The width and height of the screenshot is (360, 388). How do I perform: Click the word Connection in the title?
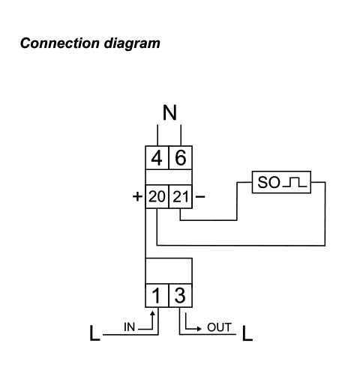pos(60,43)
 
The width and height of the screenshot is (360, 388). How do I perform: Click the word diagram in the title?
pos(132,44)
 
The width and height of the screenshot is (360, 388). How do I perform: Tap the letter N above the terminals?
pos(169,112)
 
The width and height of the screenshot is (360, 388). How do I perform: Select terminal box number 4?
pos(157,158)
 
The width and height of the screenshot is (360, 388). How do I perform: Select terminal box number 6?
pos(181,158)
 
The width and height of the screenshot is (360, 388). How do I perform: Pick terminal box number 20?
pos(157,196)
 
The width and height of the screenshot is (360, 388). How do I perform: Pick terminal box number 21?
pos(181,196)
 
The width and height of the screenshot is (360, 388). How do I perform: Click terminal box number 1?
pos(157,295)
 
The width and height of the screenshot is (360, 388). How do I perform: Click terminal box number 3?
pos(181,295)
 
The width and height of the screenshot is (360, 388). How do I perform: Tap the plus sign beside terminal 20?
pos(137,196)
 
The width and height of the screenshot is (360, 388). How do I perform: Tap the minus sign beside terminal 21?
pos(200,197)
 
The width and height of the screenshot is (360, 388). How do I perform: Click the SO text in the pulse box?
pos(268,182)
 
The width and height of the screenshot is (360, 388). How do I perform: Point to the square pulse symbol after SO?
pos(295,183)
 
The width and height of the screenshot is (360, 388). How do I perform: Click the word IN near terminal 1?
pos(129,327)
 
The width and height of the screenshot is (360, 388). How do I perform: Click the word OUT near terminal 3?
pos(219,327)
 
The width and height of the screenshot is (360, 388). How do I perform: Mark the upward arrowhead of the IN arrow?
pos(152,313)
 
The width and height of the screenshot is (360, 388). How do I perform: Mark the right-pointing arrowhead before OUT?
pos(199,329)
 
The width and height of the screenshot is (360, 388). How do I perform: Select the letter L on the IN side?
pos(94,333)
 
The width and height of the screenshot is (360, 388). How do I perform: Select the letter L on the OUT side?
pos(247,333)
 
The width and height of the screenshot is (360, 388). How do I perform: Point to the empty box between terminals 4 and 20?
pos(169,178)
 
